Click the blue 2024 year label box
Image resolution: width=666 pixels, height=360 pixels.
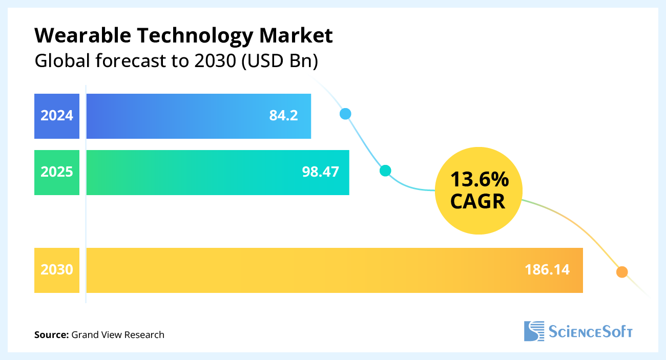click(57, 116)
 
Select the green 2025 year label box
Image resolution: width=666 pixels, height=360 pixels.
click(57, 172)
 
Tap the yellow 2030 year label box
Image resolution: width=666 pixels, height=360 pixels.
click(57, 270)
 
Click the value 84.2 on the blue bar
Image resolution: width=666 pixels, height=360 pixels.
click(283, 116)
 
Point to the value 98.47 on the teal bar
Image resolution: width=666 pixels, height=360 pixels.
click(320, 172)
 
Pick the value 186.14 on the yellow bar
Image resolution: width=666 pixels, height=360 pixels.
click(547, 270)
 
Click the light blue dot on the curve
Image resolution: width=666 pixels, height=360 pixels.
click(346, 114)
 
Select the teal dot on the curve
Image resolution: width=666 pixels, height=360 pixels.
click(385, 171)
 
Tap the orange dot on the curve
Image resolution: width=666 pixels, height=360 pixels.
click(621, 272)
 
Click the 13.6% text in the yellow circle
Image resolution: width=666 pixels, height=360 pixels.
click(479, 180)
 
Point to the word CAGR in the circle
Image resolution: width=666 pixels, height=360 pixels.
click(478, 202)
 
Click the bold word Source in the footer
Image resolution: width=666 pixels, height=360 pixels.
click(51, 335)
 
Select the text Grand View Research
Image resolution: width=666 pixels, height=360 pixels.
click(118, 335)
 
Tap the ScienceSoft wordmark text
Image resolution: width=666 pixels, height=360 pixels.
click(591, 332)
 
